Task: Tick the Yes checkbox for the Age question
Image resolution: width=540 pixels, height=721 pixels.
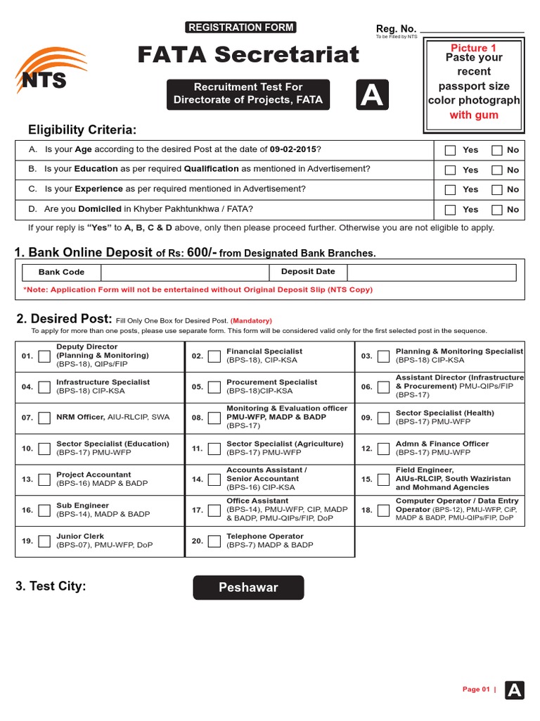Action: pyautogui.click(x=450, y=150)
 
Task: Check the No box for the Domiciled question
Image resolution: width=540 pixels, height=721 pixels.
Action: pyautogui.click(x=497, y=209)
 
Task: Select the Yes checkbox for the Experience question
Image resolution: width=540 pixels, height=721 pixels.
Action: pyautogui.click(x=450, y=189)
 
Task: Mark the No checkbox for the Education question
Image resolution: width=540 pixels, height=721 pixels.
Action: pyautogui.click(x=497, y=170)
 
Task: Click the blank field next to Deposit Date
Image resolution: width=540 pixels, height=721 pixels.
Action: pyautogui.click(x=431, y=272)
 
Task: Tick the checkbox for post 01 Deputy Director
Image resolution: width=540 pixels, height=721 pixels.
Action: pyautogui.click(x=44, y=356)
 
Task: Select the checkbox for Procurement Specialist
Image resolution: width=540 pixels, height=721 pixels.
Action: pyautogui.click(x=214, y=387)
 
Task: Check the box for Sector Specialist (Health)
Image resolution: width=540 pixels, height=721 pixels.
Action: pyautogui.click(x=383, y=418)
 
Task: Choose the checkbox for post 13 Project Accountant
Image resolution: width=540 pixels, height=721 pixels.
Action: pyautogui.click(x=44, y=479)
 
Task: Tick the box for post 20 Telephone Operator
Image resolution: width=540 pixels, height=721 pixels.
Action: pyautogui.click(x=214, y=541)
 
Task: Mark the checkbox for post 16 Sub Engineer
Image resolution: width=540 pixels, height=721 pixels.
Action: pyautogui.click(x=44, y=510)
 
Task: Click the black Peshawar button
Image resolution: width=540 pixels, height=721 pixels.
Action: pyautogui.click(x=248, y=587)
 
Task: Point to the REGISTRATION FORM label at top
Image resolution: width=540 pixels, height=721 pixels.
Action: pyautogui.click(x=240, y=27)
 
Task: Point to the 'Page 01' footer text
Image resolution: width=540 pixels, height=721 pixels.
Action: pyautogui.click(x=476, y=689)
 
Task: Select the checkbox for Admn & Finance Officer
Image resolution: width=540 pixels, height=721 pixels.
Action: pyautogui.click(x=383, y=449)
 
